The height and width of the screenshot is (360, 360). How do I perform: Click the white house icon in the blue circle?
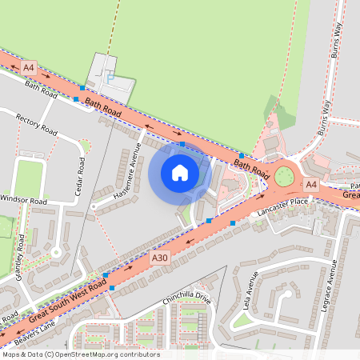click(x=180, y=173)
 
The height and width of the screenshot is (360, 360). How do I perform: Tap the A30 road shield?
click(x=160, y=258)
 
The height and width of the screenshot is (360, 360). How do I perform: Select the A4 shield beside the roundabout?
click(x=311, y=185)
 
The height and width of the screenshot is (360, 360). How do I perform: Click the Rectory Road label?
click(x=38, y=124)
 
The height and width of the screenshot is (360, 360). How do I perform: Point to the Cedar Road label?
click(x=81, y=171)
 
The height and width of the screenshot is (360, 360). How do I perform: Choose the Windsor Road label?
click(x=23, y=200)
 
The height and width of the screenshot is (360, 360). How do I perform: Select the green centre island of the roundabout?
click(x=284, y=176)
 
